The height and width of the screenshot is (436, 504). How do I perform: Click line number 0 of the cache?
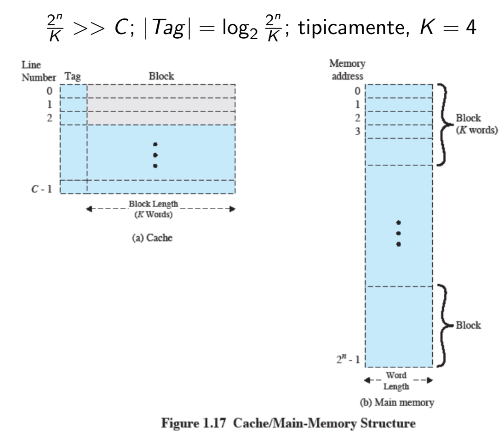point(51,90)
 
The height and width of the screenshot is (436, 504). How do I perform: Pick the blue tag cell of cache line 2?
point(73,118)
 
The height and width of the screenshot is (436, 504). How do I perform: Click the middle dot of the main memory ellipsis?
point(399,233)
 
